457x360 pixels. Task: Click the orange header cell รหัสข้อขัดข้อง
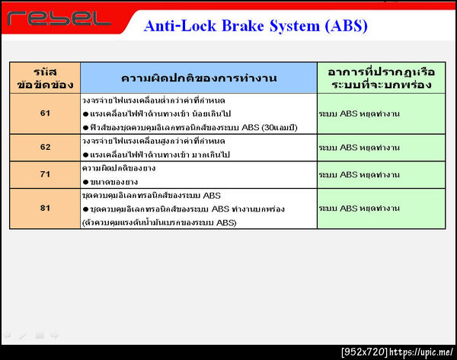(44, 78)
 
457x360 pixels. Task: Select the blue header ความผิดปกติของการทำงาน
(198, 78)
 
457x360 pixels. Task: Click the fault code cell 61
(44, 113)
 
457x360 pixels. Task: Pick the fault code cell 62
(44, 146)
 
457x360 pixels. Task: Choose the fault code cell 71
(44, 174)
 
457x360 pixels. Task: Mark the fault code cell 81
(44, 208)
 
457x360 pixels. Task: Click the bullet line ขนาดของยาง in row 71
(115, 181)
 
